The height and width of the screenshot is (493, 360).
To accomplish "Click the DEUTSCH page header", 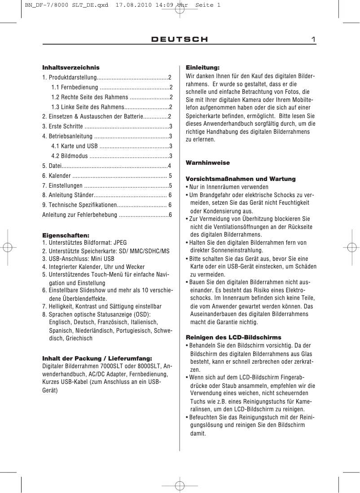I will pyautogui.click(x=180, y=40).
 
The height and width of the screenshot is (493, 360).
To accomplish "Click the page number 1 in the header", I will pyautogui.click(x=314, y=40).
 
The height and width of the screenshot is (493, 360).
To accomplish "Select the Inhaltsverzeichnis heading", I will pyautogui.click(x=71, y=67).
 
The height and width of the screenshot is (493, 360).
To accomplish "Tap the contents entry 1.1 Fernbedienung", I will pyautogui.click(x=75, y=87).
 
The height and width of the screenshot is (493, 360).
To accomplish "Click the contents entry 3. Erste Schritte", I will pyautogui.click(x=62, y=126).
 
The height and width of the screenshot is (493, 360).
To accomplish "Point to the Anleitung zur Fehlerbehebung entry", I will pyautogui.click(x=79, y=215).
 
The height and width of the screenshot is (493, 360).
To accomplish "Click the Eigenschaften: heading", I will pyautogui.click(x=66, y=235).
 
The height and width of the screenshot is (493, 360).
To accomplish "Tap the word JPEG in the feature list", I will pyautogui.click(x=120, y=243).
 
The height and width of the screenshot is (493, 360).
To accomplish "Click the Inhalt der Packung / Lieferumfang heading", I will pyautogui.click(x=97, y=358).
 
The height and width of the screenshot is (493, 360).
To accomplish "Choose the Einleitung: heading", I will pyautogui.click(x=202, y=67).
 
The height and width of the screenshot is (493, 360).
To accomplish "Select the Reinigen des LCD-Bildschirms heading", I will pyautogui.click(x=233, y=337).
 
